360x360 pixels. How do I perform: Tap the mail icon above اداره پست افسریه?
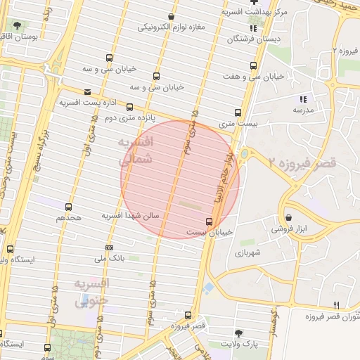[87, 92]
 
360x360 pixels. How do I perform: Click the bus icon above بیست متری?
[237, 112]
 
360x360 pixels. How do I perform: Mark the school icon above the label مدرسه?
[303, 100]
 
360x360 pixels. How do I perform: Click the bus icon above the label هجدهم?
[68, 207]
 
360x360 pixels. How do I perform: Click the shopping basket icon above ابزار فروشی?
[289, 217]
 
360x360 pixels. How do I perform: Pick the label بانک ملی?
[112, 258]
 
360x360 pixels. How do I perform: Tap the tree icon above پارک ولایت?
[240, 333]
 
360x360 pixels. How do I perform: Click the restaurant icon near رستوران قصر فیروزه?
[336, 305]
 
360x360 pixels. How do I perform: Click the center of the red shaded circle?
[180, 179]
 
